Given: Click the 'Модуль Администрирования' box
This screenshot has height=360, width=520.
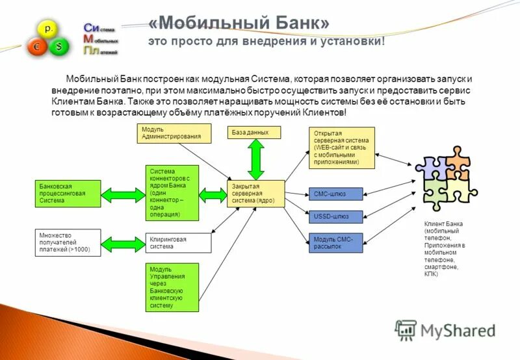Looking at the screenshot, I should pos(174,133).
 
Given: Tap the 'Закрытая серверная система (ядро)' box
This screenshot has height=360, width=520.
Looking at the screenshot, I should pos(256,194).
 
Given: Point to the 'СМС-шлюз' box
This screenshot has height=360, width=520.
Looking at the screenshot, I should pos(335,194).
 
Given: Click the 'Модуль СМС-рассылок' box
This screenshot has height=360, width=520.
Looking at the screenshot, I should pos(335,242).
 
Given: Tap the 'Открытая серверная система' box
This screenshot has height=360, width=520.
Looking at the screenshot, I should pos(342,148).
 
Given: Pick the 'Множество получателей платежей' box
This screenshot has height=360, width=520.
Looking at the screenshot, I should pos(68,242).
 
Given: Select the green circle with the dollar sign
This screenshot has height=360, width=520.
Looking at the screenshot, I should pos(60,47).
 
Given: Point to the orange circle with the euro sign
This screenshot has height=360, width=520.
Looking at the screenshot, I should pos(36,47).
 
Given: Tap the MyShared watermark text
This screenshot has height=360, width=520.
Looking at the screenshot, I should pos(458,330).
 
